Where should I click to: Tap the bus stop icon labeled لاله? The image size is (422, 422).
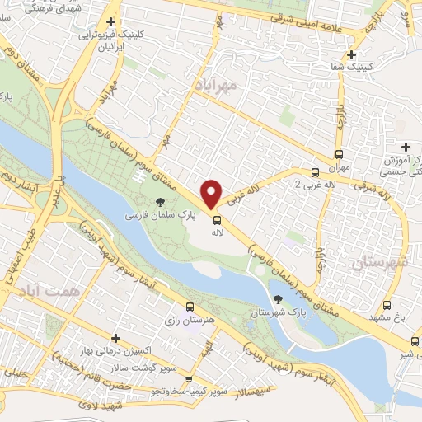(x=218, y=220)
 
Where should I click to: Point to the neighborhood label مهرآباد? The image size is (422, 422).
(x=218, y=84)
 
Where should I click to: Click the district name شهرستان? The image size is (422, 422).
(x=380, y=263)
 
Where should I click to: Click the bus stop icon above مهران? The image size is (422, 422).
(x=339, y=154)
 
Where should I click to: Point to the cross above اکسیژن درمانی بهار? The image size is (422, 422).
(x=116, y=339)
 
